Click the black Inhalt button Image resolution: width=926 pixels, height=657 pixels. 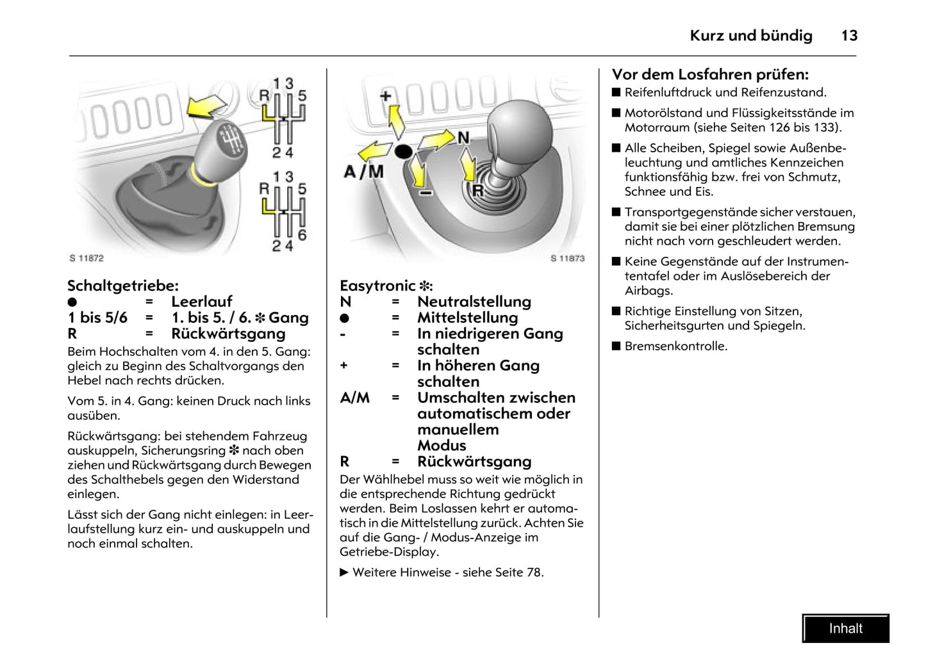[845, 628]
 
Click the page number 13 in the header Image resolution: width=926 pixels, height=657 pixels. [849, 36]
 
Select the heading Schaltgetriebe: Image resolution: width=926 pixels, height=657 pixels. [123, 286]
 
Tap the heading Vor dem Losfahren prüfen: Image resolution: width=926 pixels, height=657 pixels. [710, 74]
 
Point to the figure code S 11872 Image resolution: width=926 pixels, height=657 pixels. [87, 258]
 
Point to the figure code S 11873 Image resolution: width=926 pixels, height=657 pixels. [567, 258]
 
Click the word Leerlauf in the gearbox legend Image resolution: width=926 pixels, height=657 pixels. [201, 302]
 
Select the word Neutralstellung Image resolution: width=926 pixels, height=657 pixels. [474, 302]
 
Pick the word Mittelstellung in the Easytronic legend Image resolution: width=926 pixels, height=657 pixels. [467, 318]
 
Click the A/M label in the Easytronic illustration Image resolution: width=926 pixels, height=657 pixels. [363, 172]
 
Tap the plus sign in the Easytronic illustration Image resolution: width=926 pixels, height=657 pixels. [385, 96]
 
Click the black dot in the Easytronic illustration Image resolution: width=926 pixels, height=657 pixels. [403, 152]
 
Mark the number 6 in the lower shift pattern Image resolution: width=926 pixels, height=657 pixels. [302, 235]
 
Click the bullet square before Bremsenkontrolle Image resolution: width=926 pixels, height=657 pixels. [616, 346]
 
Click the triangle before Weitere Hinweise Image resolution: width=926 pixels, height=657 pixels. [344, 572]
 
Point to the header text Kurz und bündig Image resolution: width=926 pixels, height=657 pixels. [750, 36]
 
